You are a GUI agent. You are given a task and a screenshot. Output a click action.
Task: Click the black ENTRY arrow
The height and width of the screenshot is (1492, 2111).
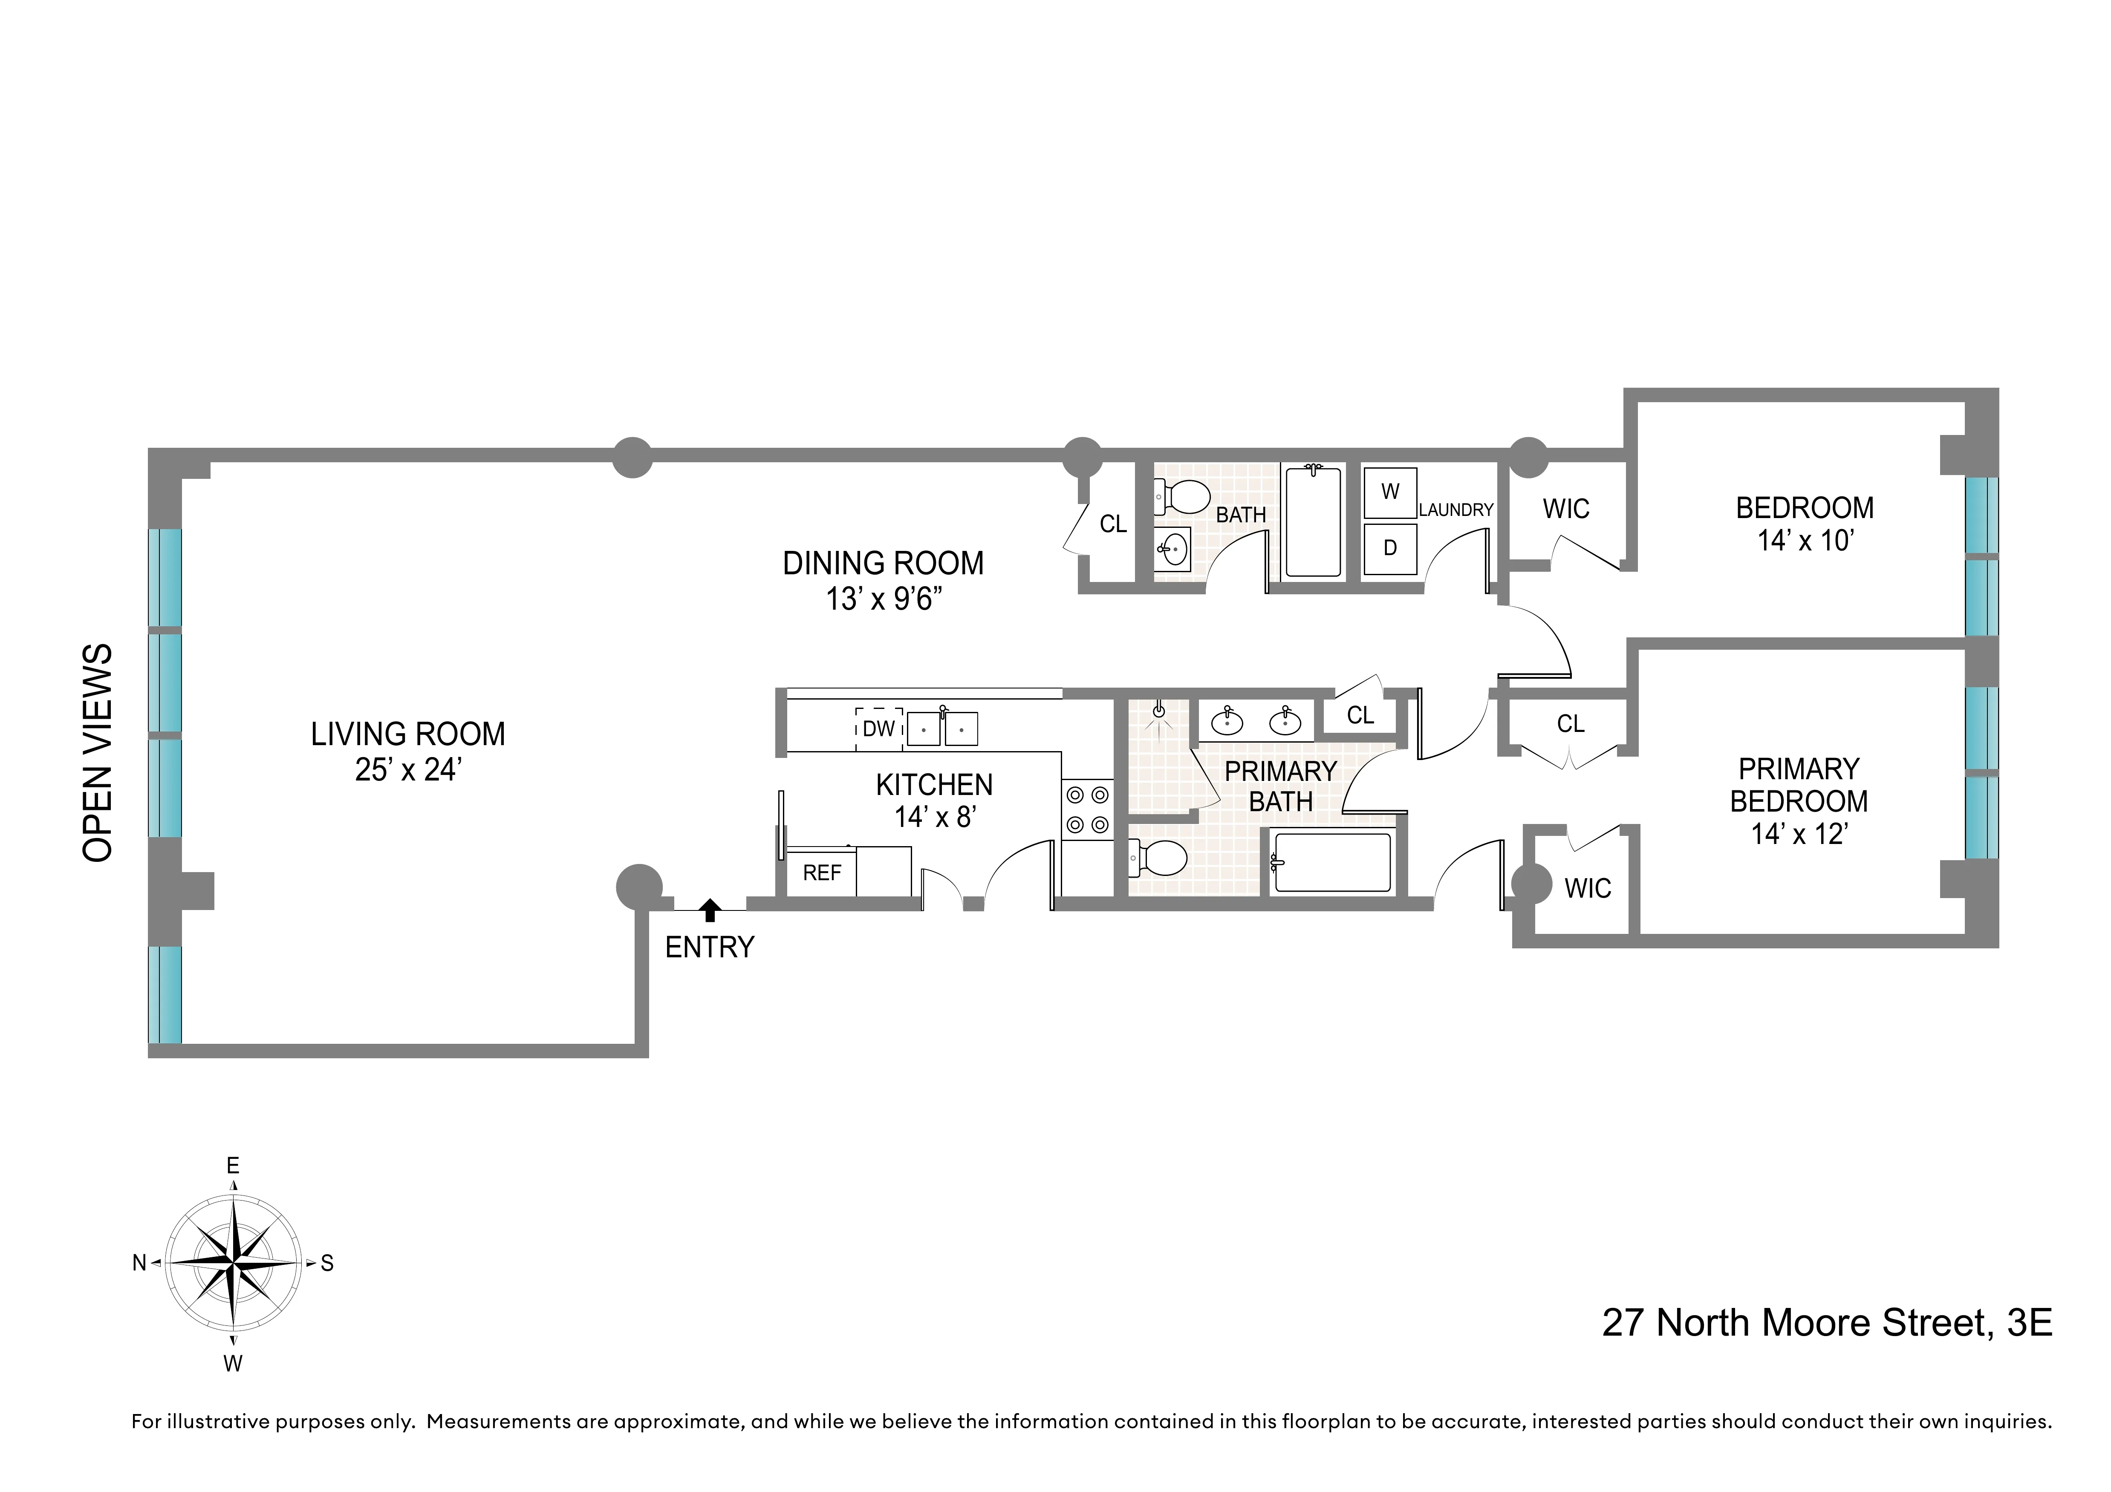[709, 910]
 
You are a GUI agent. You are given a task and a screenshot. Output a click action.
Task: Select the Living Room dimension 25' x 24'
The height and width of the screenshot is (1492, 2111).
[407, 769]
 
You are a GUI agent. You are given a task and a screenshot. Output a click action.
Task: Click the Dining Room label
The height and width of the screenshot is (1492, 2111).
[883, 563]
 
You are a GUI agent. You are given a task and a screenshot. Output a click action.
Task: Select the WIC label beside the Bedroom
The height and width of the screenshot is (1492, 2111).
[1566, 508]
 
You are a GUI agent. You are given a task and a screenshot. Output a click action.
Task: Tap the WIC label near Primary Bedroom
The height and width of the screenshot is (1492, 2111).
[1588, 888]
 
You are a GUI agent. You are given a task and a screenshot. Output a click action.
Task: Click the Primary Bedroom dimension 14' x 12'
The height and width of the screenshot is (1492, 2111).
[1799, 834]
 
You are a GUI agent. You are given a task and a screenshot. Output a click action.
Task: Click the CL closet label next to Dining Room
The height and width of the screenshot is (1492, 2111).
[1112, 524]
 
